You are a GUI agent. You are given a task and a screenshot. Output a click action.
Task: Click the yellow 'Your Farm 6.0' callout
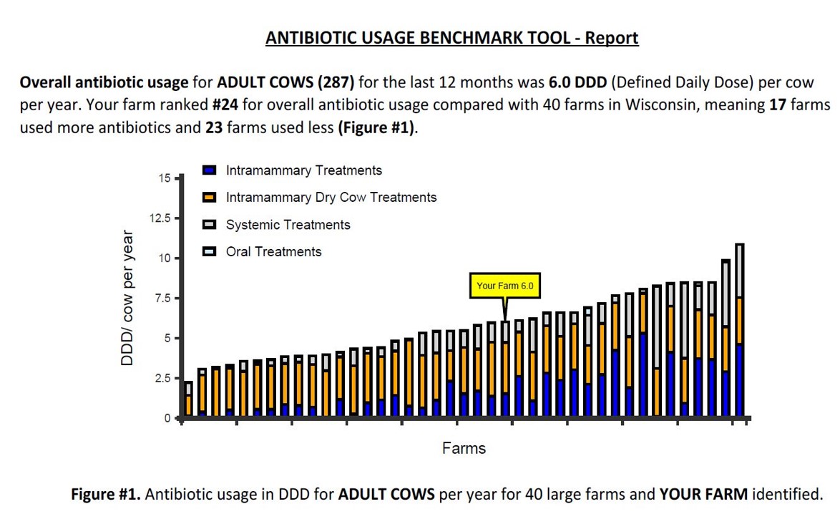pos(504,286)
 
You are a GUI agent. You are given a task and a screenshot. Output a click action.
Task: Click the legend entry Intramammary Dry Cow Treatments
pos(331,198)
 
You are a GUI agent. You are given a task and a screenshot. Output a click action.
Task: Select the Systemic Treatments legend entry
pos(288,225)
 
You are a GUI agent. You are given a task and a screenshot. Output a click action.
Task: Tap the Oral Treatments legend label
pos(273,252)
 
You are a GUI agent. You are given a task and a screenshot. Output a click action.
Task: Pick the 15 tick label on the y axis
pos(165,178)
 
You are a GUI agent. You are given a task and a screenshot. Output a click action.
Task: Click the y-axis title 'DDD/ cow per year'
pos(127,298)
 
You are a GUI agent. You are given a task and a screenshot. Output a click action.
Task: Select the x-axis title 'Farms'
pos(464,449)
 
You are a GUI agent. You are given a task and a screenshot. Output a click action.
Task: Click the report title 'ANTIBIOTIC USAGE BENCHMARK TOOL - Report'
pos(451,38)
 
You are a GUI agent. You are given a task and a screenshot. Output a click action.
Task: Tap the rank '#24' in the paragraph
pos(225,105)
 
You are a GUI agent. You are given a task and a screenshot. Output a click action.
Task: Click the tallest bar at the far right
pos(739,330)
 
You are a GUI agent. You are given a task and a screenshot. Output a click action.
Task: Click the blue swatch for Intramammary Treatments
pos(210,170)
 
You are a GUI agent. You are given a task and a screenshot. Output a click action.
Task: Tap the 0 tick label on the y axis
pos(167,418)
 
